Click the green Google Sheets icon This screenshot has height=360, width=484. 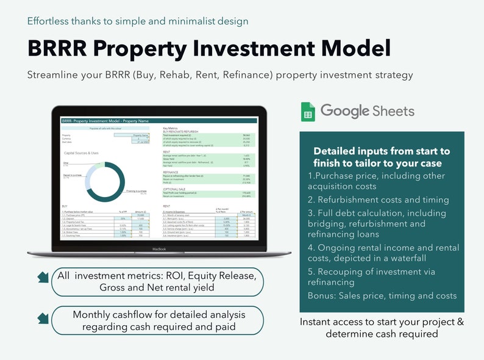pyautogui.click(x=308, y=112)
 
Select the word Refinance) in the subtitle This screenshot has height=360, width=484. pyautogui.click(x=249, y=75)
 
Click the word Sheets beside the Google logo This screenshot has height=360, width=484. pyautogui.click(x=394, y=111)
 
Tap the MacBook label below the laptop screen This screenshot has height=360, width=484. pyautogui.click(x=158, y=250)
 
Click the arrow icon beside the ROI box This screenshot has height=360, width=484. pyautogui.click(x=43, y=278)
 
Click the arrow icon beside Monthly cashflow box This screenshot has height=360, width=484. pyautogui.click(x=43, y=319)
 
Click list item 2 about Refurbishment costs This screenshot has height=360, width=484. pyautogui.click(x=378, y=200)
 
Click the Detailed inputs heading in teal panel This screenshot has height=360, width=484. pyautogui.click(x=381, y=157)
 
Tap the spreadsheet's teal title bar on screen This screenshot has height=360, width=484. pyautogui.click(x=158, y=121)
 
